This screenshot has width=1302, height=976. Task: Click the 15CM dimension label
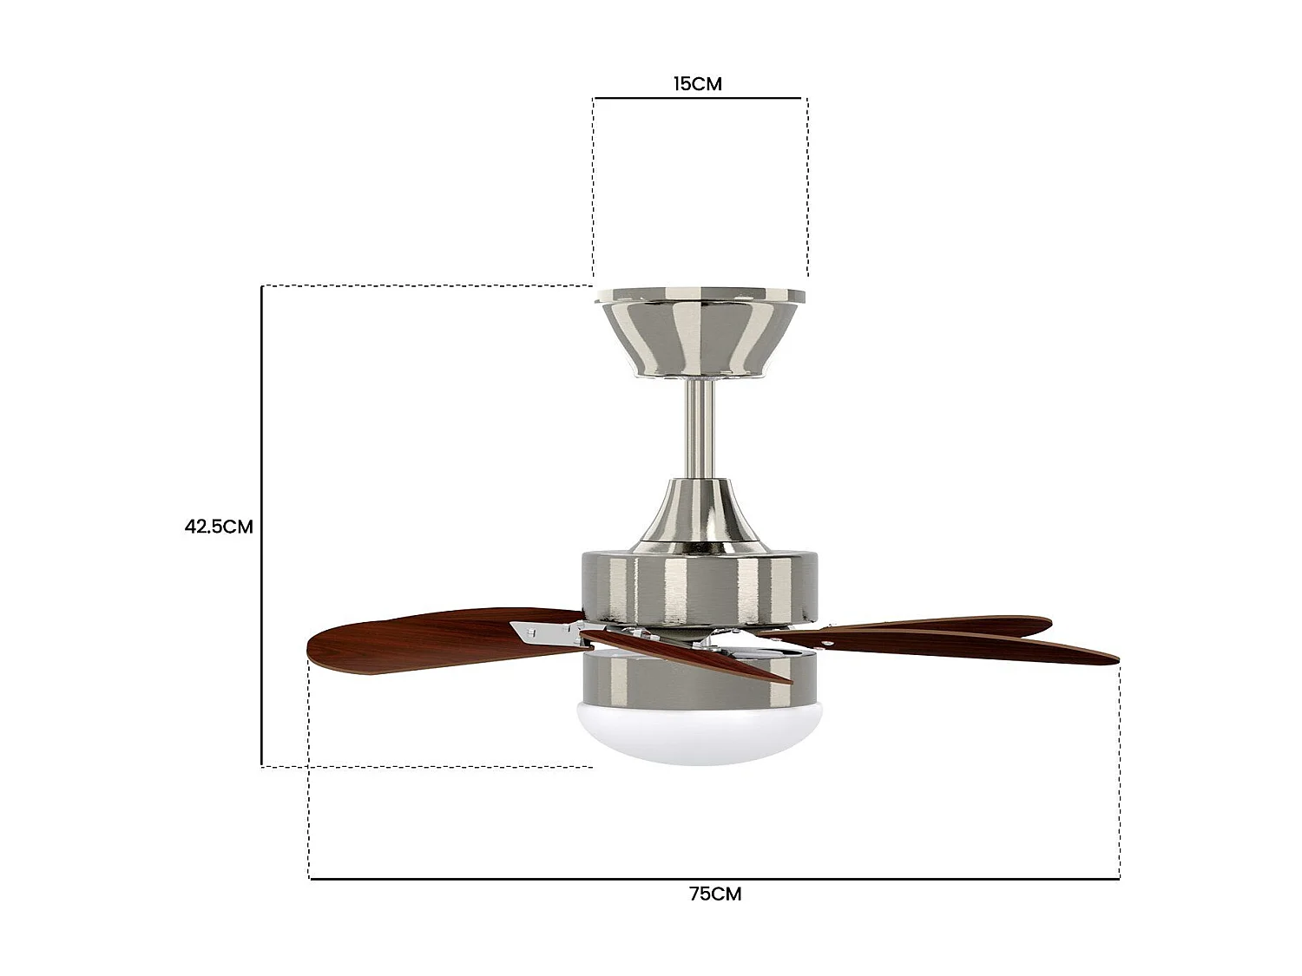pyautogui.click(x=697, y=84)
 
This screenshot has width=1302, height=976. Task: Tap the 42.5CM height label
pyautogui.click(x=218, y=527)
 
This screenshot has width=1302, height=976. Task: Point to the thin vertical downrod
pyautogui.click(x=700, y=429)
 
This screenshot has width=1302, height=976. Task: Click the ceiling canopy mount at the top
pyautogui.click(x=700, y=334)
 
